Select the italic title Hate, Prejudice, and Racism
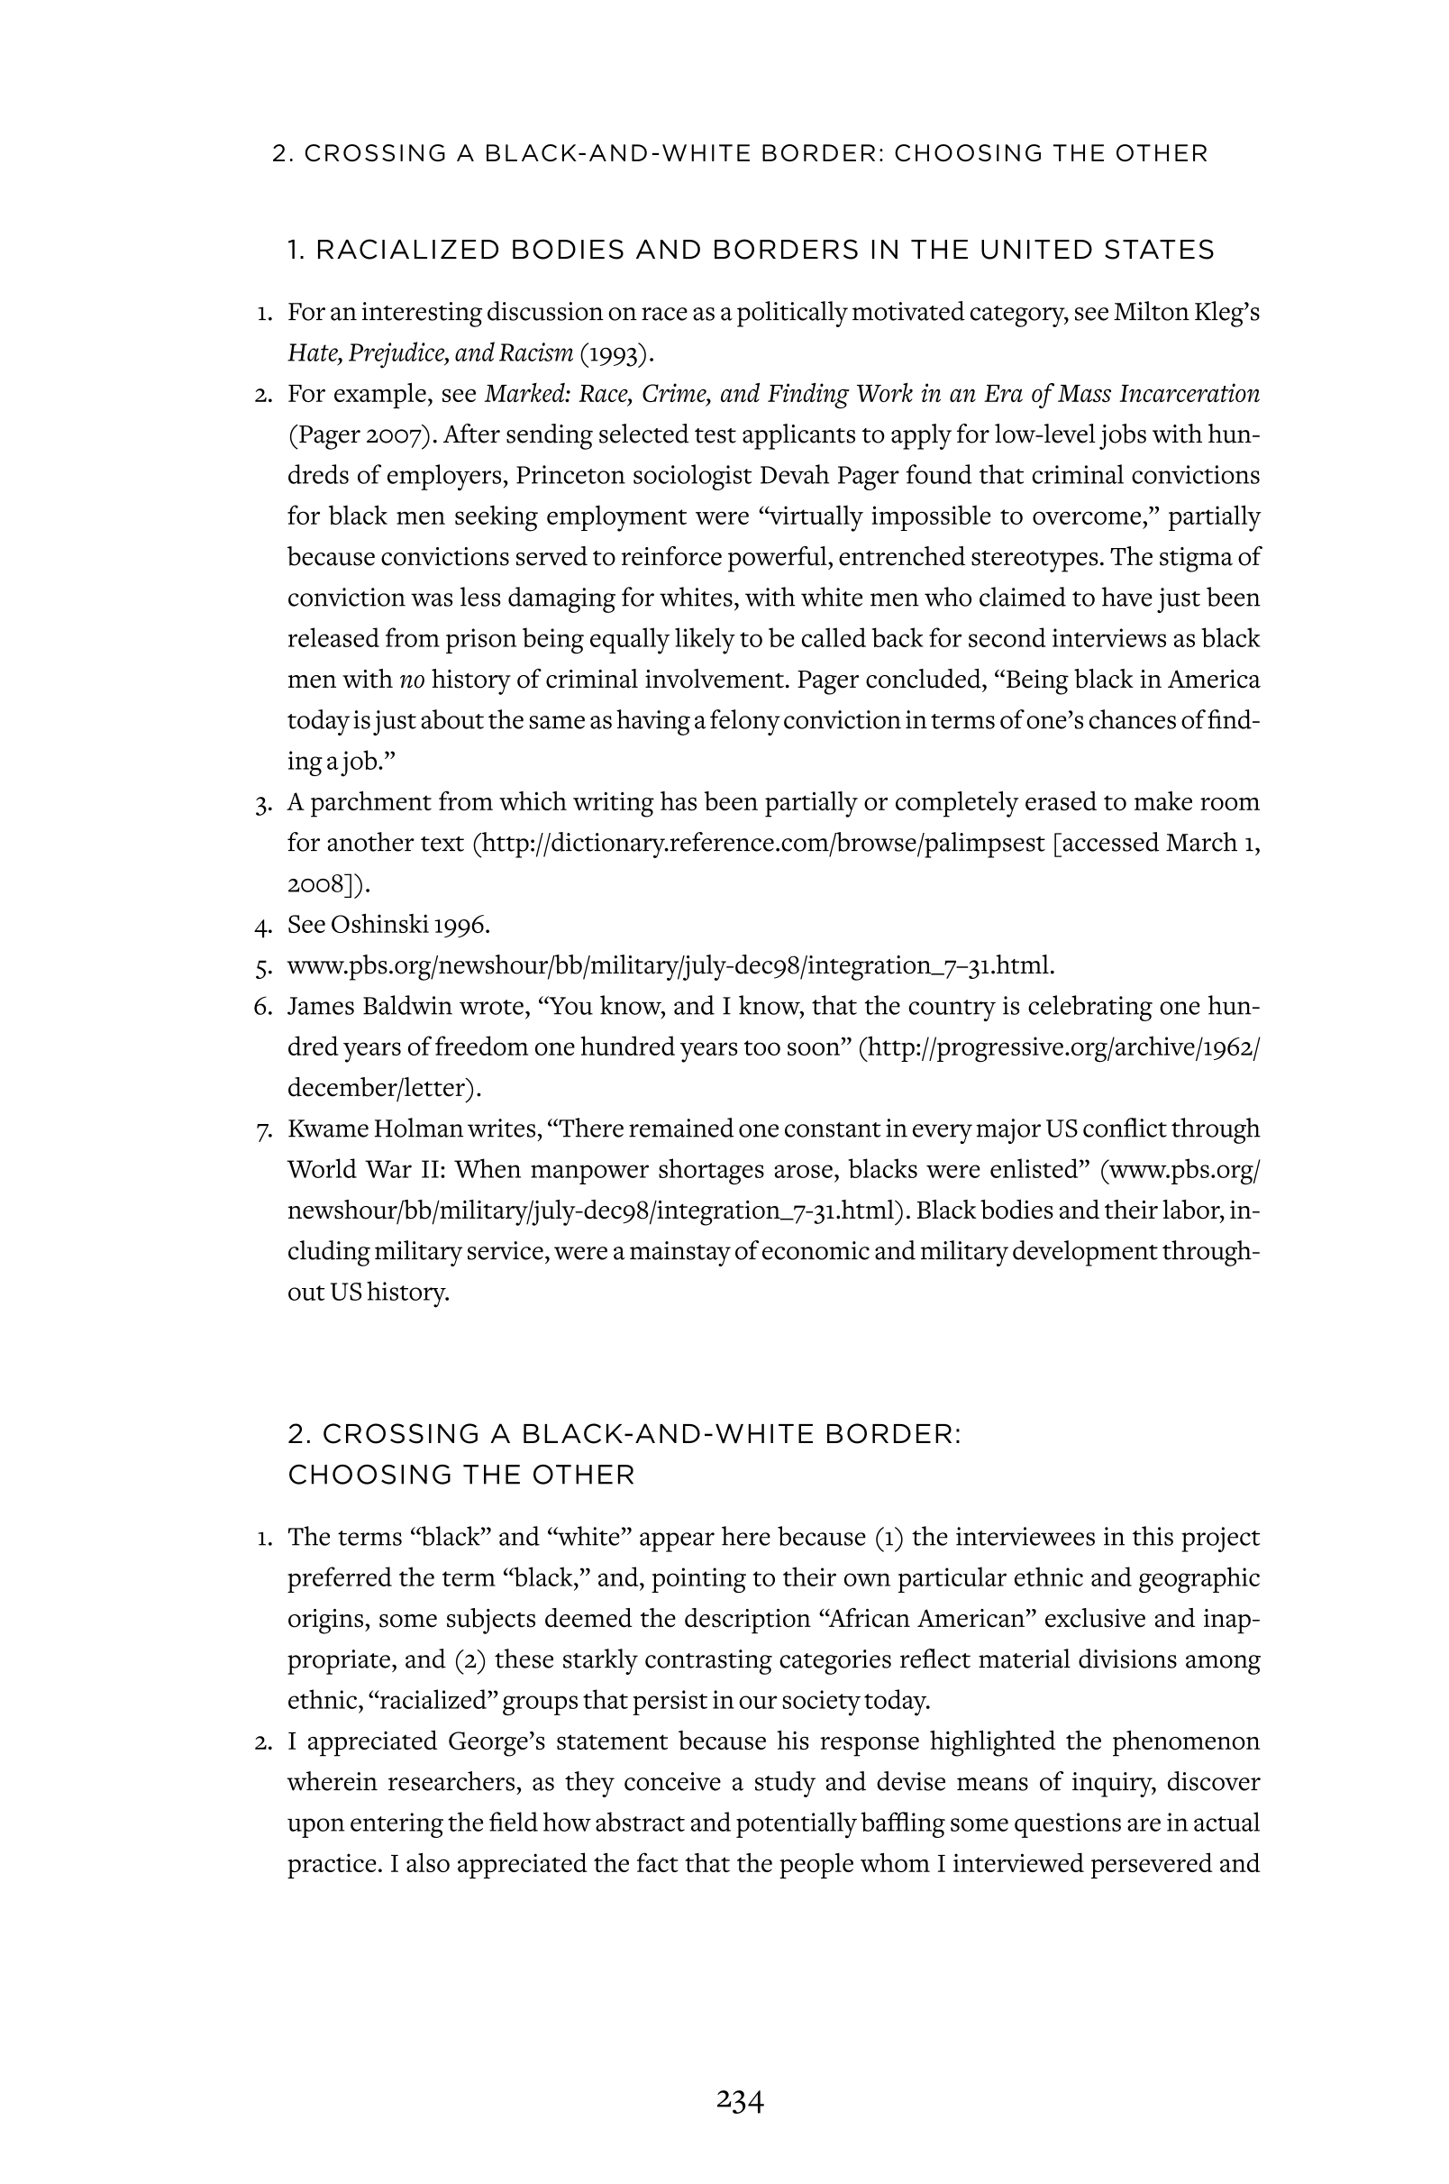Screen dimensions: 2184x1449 coord(430,353)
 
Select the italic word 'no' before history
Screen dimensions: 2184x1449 coord(411,680)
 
